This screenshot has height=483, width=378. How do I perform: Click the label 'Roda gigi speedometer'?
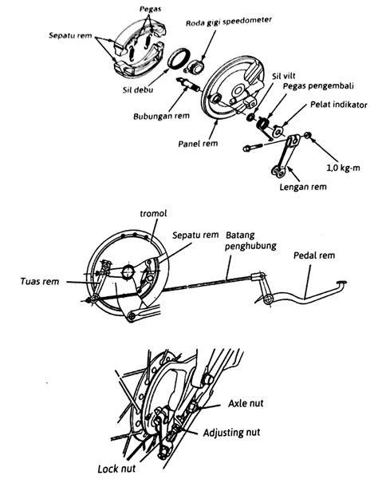click(229, 22)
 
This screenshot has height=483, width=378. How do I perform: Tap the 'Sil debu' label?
click(138, 90)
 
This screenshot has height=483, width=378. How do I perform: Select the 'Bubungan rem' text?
click(161, 116)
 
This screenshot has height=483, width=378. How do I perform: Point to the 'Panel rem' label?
click(198, 144)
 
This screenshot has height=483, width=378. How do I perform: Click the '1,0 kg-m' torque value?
click(343, 168)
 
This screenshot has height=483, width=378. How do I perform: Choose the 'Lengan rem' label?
click(303, 187)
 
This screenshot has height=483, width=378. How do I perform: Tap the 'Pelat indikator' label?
click(339, 105)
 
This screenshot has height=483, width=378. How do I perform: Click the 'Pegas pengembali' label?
click(318, 86)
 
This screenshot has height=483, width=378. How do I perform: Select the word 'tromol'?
click(153, 213)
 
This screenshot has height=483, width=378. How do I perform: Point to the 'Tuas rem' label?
click(40, 281)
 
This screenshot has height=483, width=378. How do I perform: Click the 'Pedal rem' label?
click(314, 255)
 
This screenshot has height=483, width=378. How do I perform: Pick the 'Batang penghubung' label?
click(250, 240)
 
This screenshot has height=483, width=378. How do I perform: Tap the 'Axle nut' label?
click(246, 403)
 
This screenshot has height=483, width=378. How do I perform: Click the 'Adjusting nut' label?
click(231, 433)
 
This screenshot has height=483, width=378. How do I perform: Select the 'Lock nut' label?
click(116, 469)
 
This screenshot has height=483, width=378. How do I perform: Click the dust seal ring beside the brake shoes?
click(178, 58)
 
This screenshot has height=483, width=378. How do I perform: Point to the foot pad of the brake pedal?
click(341, 282)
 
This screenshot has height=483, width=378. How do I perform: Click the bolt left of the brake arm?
click(253, 148)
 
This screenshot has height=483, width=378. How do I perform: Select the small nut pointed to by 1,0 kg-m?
click(308, 136)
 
